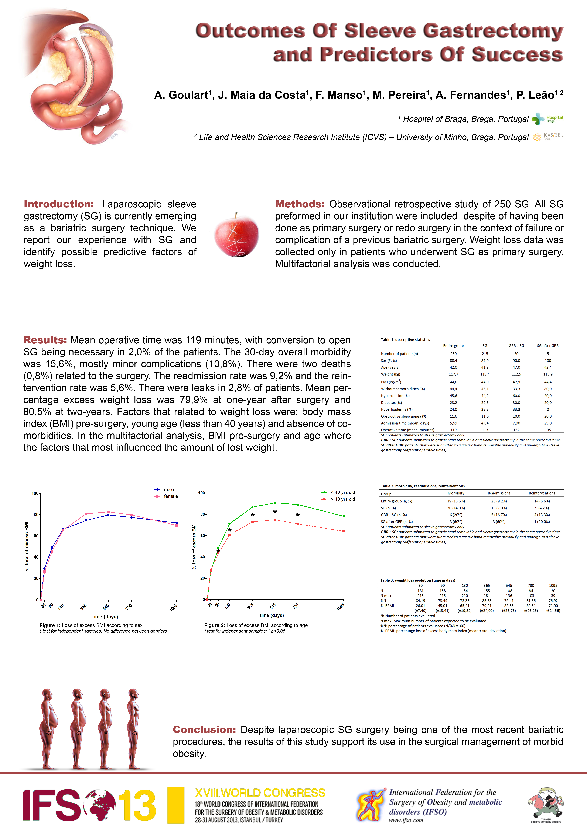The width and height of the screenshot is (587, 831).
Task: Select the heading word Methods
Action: pos(300,204)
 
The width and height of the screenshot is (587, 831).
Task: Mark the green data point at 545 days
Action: pos(275,503)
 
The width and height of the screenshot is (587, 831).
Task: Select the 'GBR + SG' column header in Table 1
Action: pos(516,346)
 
